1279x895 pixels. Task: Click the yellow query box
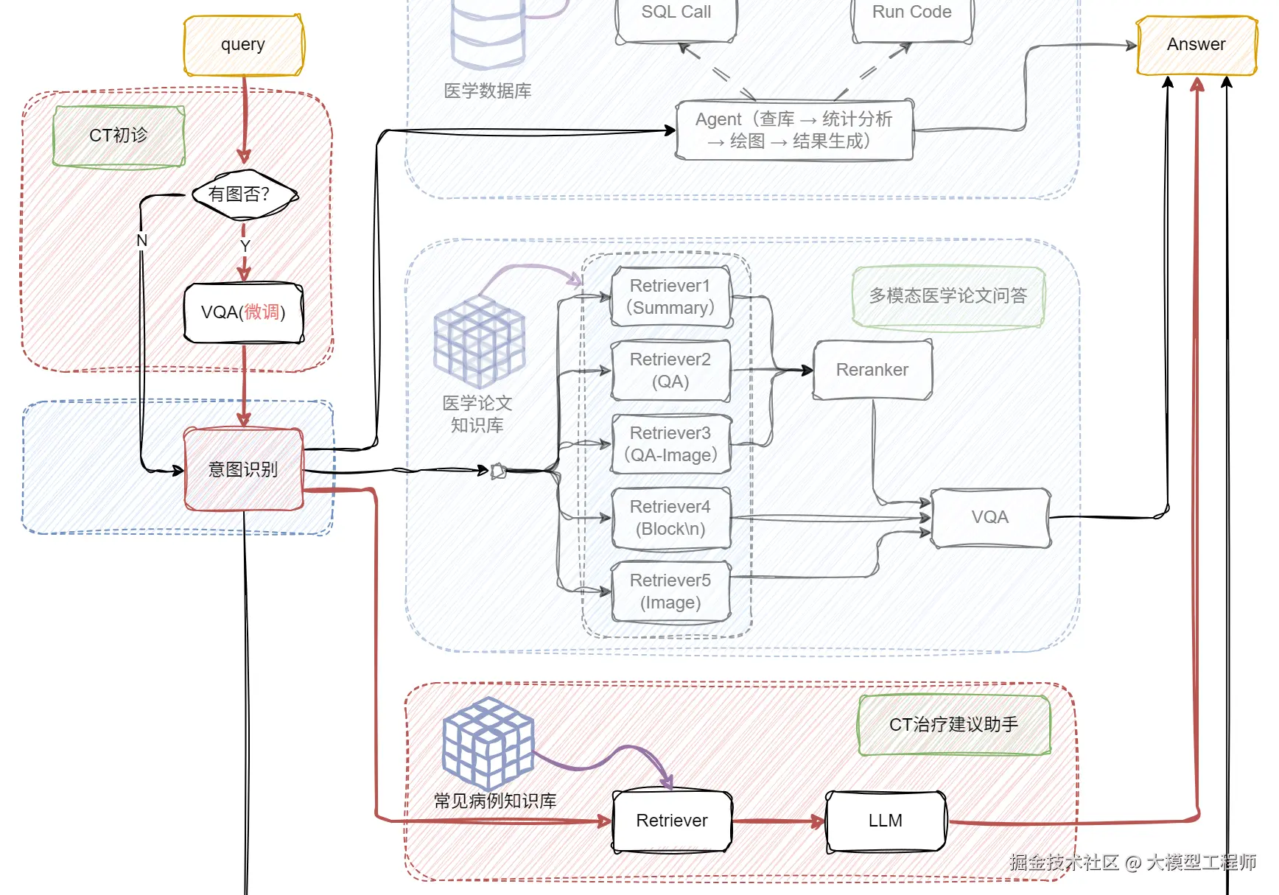(x=243, y=45)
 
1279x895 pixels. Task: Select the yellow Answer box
(x=1196, y=45)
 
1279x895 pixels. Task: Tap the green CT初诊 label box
(x=119, y=136)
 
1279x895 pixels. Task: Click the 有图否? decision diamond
(x=244, y=194)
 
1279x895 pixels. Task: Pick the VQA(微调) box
(x=243, y=312)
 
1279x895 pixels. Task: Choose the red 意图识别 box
(x=243, y=469)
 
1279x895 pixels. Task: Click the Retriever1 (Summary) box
(x=670, y=297)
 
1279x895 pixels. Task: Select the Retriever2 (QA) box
(x=670, y=371)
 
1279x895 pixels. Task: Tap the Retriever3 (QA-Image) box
(x=670, y=444)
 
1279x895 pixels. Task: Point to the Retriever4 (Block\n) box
(x=670, y=518)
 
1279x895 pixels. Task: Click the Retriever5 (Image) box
(x=670, y=592)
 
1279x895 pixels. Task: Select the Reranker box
(x=872, y=370)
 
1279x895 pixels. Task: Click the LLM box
(x=885, y=821)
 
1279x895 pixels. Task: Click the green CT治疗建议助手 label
(x=953, y=725)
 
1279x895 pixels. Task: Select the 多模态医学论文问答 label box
(x=948, y=296)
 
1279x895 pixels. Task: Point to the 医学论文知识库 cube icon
(x=480, y=342)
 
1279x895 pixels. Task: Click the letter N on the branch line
(x=142, y=241)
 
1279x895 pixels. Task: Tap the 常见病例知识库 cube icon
(x=488, y=743)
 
